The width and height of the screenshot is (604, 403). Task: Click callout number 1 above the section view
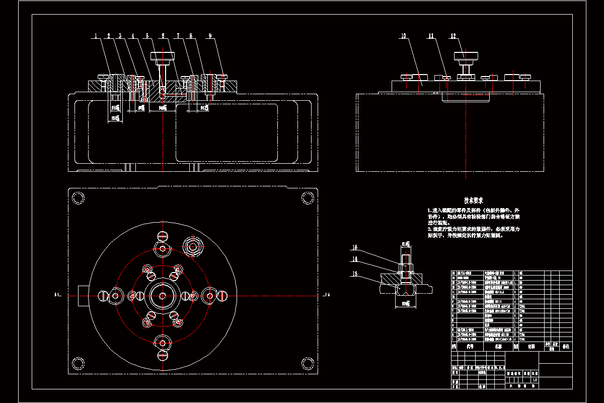click(x=95, y=36)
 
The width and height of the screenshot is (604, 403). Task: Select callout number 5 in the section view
click(x=147, y=36)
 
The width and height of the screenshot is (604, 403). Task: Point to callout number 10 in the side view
click(x=404, y=36)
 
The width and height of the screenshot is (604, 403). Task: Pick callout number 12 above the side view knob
click(x=453, y=36)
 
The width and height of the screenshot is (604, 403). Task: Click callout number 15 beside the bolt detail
click(x=354, y=247)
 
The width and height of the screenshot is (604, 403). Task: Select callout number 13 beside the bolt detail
click(x=354, y=274)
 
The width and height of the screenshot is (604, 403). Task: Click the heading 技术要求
click(x=473, y=200)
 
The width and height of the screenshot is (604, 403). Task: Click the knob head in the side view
click(x=466, y=55)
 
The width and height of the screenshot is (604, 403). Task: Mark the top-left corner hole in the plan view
click(x=78, y=198)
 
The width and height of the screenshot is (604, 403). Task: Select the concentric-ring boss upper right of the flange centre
click(x=193, y=246)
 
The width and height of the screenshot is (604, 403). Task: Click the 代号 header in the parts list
click(x=470, y=347)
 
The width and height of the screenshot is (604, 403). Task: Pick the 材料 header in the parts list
click(x=531, y=347)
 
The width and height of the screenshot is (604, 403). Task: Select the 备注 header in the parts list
click(x=566, y=347)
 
